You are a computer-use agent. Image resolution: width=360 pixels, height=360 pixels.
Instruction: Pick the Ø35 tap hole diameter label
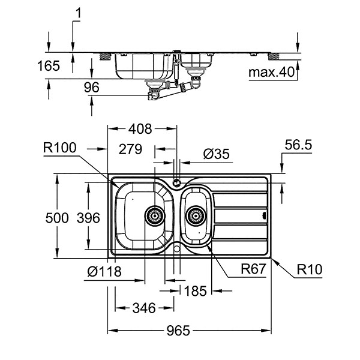tap(217, 154)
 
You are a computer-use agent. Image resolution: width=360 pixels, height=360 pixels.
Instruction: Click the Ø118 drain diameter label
tap(103, 272)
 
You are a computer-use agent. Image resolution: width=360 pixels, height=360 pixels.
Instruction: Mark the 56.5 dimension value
tap(299, 146)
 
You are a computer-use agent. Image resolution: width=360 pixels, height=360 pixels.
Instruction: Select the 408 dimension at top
tap(140, 128)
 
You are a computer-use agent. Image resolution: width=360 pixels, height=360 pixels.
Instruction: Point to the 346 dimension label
tap(144, 308)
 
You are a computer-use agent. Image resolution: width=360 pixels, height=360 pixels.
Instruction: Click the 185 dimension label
tap(195, 291)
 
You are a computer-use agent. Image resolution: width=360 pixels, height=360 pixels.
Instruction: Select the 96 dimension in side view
tap(91, 88)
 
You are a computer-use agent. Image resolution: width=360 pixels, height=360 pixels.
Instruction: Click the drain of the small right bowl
tap(194, 214)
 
